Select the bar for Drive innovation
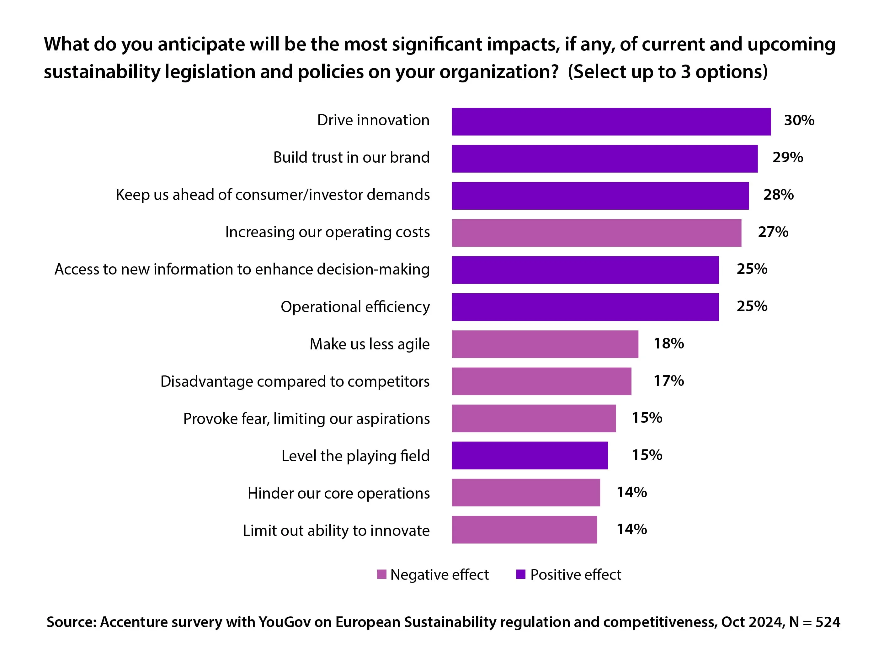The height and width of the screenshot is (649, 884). pyautogui.click(x=611, y=122)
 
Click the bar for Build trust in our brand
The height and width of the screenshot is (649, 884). pyautogui.click(x=604, y=159)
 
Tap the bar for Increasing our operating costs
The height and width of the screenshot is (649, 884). pyautogui.click(x=596, y=233)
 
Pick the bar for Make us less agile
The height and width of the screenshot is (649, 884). pyautogui.click(x=545, y=344)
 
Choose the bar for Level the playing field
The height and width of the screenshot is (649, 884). pyautogui.click(x=529, y=455)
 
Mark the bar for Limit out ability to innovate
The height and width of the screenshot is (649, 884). pyautogui.click(x=524, y=530)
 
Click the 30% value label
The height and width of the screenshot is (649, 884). pyautogui.click(x=799, y=120)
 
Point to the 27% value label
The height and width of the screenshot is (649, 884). pyautogui.click(x=773, y=232)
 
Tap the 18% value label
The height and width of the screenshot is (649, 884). pyautogui.click(x=668, y=343)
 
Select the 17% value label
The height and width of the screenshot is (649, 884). pyautogui.click(x=668, y=380)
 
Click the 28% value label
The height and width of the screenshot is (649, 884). pyautogui.click(x=778, y=195)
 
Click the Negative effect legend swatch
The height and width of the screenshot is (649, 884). pyautogui.click(x=381, y=574)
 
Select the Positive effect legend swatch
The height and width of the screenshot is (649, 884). pyautogui.click(x=520, y=574)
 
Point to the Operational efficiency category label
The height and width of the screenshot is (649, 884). pyautogui.click(x=355, y=307)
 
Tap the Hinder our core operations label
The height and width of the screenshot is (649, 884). pyautogui.click(x=338, y=493)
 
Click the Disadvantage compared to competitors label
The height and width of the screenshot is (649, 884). pyautogui.click(x=295, y=381)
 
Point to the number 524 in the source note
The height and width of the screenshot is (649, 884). pyautogui.click(x=827, y=622)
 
